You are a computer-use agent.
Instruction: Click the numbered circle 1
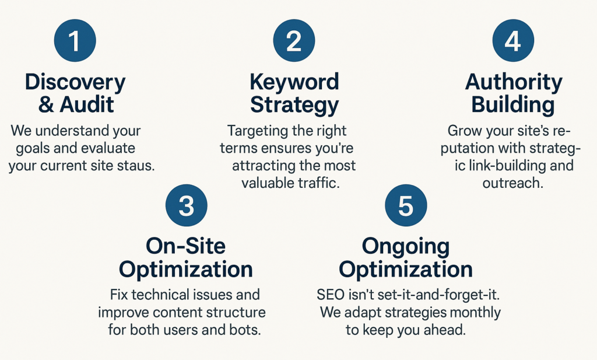pos(75,40)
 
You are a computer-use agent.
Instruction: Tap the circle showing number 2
pos(294,40)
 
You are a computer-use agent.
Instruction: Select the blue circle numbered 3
pos(186,205)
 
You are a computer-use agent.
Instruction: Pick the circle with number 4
pos(513,40)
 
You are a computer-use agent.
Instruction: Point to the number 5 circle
pos(406,205)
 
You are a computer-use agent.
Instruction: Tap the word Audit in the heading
pos(86,104)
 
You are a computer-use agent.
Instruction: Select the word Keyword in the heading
pos(294,82)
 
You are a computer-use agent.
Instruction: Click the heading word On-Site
pos(185,246)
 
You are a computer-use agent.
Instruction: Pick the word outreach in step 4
pos(513,183)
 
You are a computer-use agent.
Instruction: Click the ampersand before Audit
pos(46,105)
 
